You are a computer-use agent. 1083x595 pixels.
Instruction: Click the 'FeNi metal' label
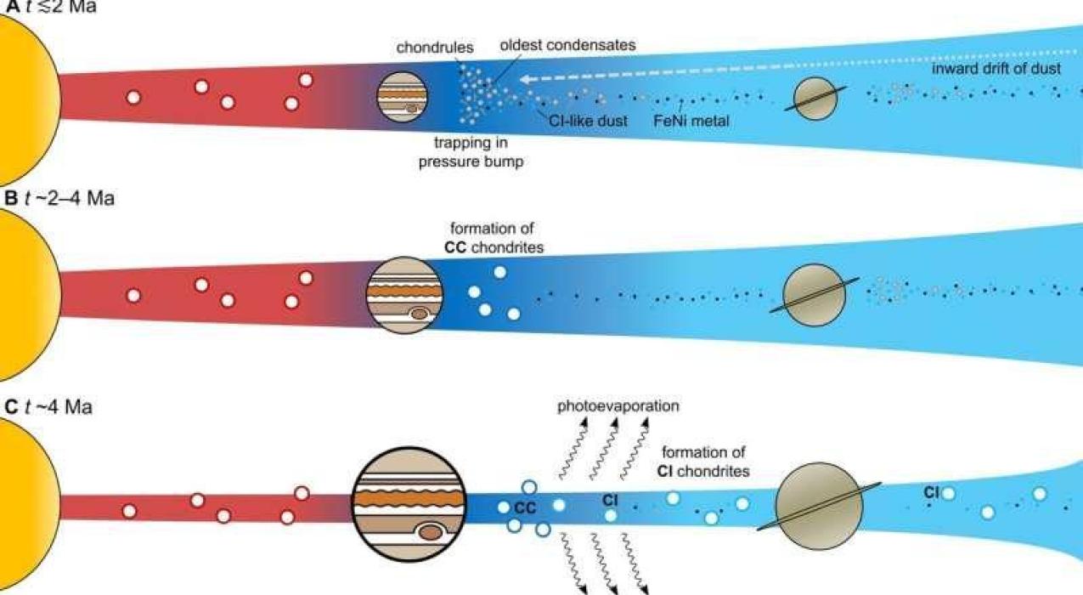point(691,121)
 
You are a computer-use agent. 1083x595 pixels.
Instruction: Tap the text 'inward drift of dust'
point(996,69)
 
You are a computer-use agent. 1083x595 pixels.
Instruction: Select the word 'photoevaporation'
point(618,406)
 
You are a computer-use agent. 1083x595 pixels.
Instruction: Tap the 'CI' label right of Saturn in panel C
point(932,492)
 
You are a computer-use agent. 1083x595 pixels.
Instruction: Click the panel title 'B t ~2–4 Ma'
point(59,199)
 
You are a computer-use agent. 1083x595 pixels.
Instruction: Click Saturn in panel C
point(818,506)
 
